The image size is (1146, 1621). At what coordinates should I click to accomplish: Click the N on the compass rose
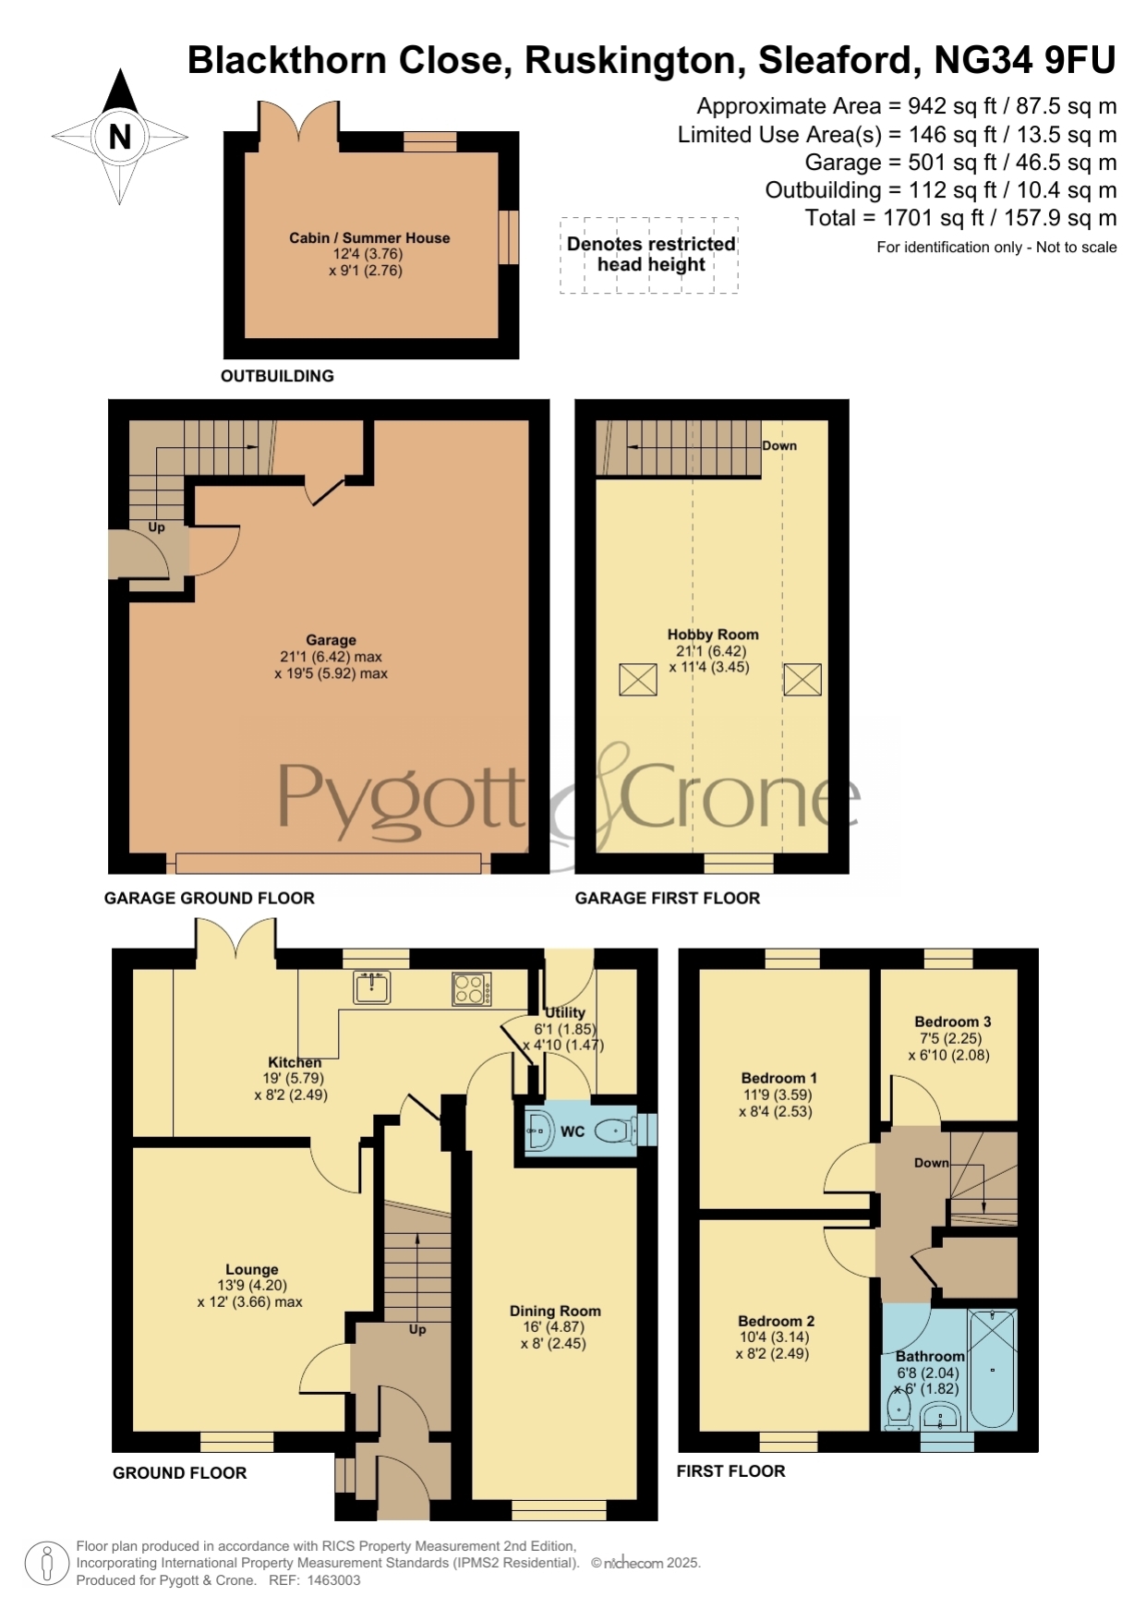point(119,137)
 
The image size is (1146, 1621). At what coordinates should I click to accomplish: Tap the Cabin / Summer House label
point(369,237)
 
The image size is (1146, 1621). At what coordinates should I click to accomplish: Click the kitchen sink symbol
point(371,987)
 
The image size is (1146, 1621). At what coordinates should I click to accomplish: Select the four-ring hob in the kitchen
point(471,989)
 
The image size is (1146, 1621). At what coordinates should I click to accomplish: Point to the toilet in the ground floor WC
point(612,1130)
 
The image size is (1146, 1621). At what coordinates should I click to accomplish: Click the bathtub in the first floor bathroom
point(993,1369)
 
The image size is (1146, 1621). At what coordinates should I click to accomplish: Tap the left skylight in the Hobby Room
point(638,679)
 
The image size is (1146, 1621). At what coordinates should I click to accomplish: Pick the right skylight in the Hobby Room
point(802,679)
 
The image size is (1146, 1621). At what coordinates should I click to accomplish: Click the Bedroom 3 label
point(952,1022)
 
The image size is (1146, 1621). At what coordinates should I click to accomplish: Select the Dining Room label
point(555,1311)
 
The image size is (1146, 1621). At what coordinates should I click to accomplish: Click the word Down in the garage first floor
point(779,445)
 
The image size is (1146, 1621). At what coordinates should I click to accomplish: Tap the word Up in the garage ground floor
point(156,527)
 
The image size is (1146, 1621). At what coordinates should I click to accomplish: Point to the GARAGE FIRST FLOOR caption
point(668,898)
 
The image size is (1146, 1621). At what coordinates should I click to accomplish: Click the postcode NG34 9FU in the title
point(1025,60)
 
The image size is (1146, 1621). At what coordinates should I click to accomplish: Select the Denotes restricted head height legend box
point(649,256)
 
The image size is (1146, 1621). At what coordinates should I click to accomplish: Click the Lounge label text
point(251,1270)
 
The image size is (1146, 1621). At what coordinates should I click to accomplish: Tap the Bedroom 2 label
point(776,1322)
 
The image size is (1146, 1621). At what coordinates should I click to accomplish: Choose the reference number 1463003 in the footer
point(333,1580)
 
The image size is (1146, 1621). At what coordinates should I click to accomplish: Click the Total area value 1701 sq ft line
point(960,218)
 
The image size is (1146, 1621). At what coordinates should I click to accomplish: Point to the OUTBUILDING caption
point(277,376)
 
